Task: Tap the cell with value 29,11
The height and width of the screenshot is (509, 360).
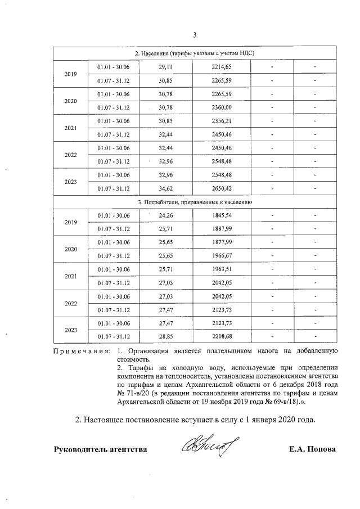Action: tap(165, 67)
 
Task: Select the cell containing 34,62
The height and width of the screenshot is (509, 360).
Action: tap(165, 188)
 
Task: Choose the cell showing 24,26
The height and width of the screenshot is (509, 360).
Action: tap(165, 215)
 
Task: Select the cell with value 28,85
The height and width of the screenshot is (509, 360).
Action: tap(165, 336)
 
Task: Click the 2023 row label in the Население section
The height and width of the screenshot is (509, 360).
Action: tap(71, 182)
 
